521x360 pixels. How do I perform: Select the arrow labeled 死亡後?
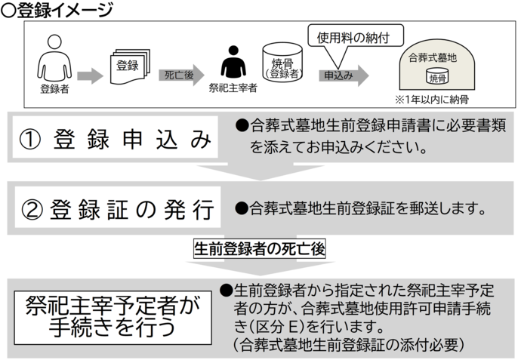(x=181, y=75)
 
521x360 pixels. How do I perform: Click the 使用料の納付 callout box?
(x=356, y=35)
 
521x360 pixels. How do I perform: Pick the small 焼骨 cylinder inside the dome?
(x=438, y=76)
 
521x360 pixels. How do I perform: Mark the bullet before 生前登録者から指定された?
(x=226, y=291)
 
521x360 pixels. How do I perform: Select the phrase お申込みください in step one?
(x=362, y=148)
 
